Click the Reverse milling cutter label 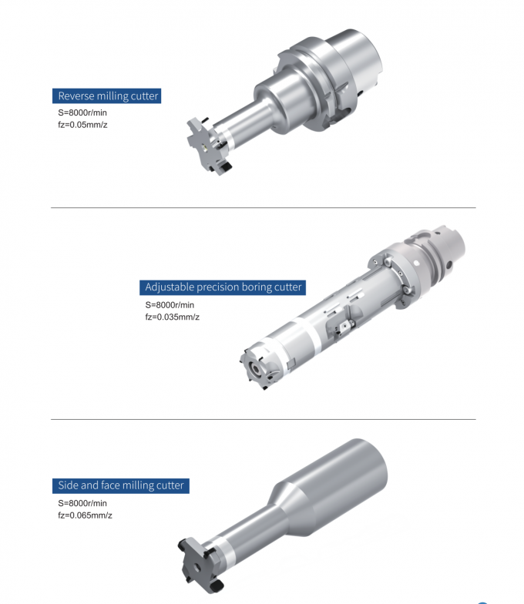(108, 96)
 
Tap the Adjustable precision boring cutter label (223, 287)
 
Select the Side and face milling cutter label (121, 485)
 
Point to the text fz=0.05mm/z (82, 125)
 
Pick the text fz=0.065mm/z (85, 515)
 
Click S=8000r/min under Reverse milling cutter (82, 113)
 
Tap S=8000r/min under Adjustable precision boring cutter (172, 305)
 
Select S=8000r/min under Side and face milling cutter (82, 503)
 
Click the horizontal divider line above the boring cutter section (262, 208)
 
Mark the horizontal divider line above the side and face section (262, 420)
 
